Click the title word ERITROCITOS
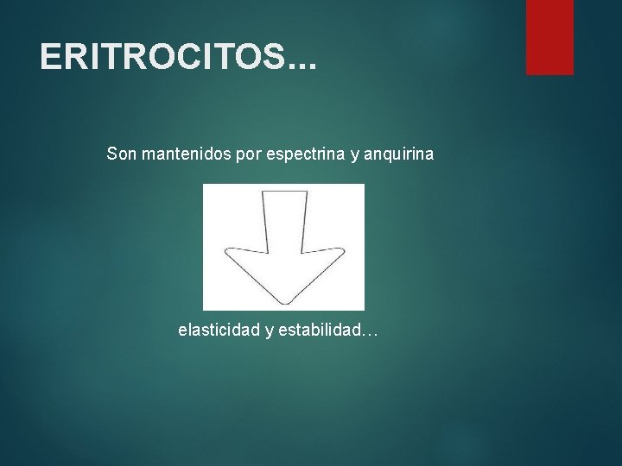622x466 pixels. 161,58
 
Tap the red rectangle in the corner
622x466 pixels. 549,36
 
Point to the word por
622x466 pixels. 247,155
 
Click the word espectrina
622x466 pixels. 305,154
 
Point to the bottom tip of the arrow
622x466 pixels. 283,301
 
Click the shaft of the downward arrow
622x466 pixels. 283,220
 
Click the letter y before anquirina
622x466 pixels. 355,156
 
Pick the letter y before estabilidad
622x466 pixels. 270,332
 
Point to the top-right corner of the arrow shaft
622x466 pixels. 308,192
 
